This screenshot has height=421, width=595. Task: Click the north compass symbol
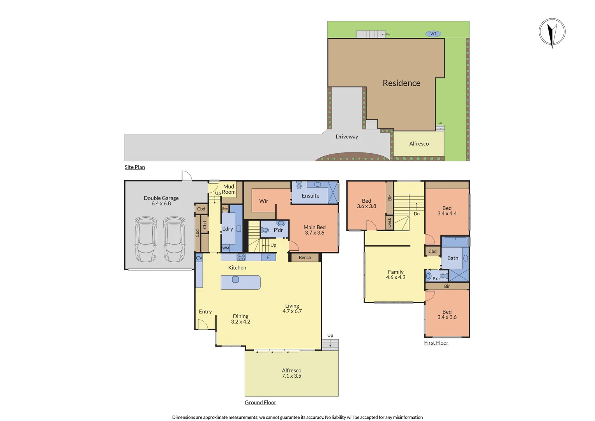coord(552,32)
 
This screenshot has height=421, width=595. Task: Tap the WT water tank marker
coord(433,34)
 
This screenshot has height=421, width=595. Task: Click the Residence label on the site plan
coord(401,83)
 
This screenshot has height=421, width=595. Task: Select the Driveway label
coord(347,137)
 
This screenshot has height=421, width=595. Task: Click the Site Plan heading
coord(135,167)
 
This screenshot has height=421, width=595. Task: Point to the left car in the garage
coord(146,239)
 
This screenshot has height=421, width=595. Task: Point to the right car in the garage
coord(174,239)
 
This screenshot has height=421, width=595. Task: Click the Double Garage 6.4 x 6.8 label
coord(161,201)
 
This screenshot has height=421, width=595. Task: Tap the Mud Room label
coord(229,189)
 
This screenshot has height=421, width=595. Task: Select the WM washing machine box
coord(226,248)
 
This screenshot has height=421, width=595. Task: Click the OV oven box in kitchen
coord(199,258)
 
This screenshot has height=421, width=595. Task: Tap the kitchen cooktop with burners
coord(241,257)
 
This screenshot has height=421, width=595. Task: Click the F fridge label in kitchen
coord(268,257)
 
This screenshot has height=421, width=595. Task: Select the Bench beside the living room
coord(305,258)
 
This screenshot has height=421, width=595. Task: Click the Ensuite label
coord(310,196)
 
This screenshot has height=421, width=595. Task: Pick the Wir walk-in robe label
coord(264,201)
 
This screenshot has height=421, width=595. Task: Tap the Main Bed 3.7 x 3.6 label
coord(314,230)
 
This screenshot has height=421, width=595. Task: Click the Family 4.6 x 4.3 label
coord(395,274)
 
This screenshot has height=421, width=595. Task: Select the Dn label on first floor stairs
coord(417,214)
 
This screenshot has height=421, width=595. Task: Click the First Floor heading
coord(436,343)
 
